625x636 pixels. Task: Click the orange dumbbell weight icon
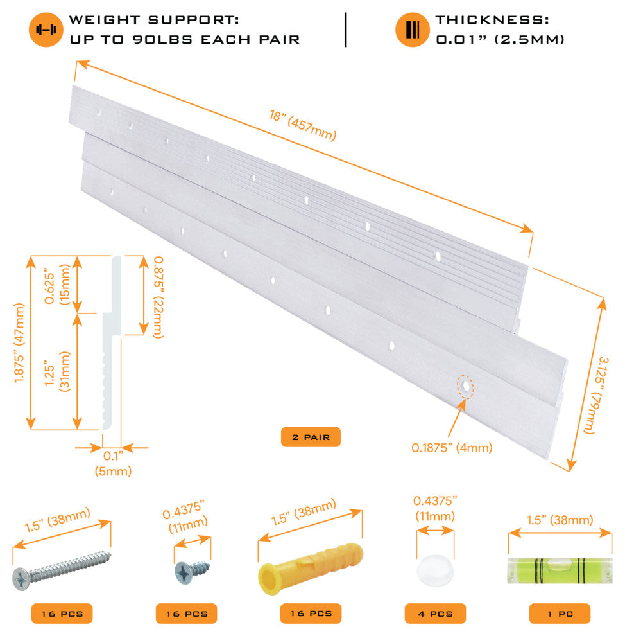coord(46,30)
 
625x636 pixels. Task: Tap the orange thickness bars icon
coord(413,30)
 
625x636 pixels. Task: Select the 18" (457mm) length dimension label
coord(303,126)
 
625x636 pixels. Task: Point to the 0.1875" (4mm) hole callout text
coord(452,448)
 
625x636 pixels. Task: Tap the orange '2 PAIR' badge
coord(311,437)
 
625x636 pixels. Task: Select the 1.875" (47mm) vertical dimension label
coord(19,343)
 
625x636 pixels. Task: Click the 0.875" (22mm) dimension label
coord(158,297)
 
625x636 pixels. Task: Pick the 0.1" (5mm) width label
coord(113,464)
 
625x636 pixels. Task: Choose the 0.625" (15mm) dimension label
coord(57,285)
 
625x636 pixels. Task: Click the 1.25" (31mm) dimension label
coord(57,371)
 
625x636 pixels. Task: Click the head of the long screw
coord(21,578)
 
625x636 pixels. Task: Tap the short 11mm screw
coord(192,570)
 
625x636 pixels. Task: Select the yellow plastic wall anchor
coord(311,568)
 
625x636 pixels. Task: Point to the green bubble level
coord(560,570)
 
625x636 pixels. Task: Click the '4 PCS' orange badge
coord(435,614)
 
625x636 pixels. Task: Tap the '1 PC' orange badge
coord(560,614)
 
